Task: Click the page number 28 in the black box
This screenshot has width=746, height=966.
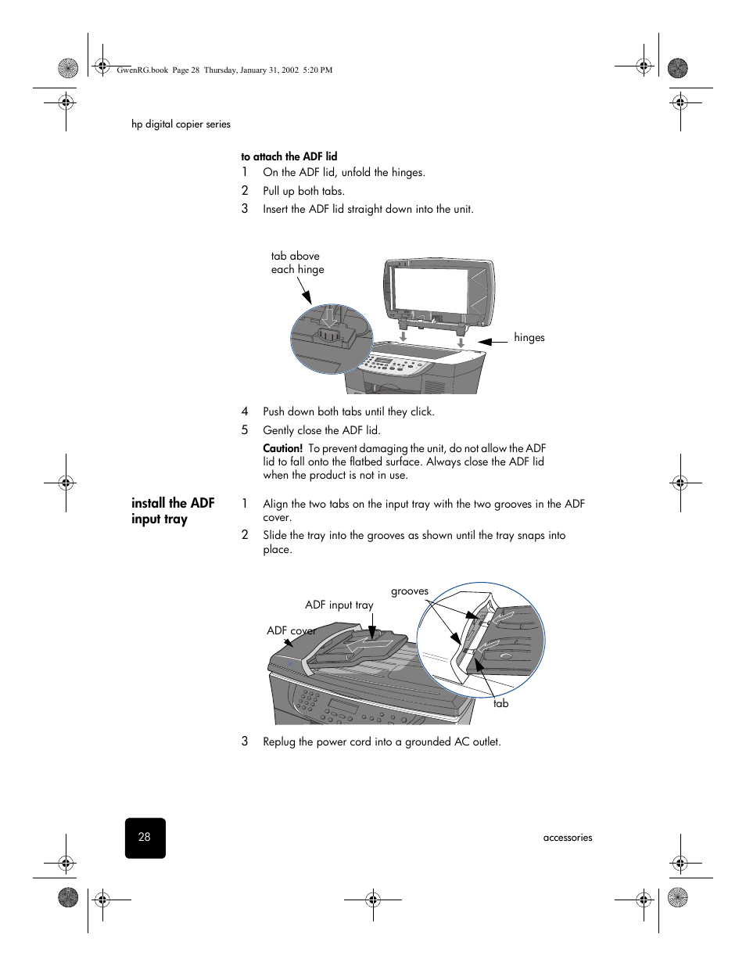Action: tap(145, 837)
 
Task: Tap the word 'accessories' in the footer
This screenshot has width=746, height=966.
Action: tap(568, 838)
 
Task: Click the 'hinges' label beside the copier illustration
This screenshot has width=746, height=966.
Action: tap(529, 338)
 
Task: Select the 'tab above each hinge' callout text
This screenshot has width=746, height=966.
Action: tap(297, 263)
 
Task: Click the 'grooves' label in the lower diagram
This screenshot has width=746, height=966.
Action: tap(410, 591)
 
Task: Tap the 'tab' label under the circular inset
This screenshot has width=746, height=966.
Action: tap(501, 704)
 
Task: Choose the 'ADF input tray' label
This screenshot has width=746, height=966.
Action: tap(339, 605)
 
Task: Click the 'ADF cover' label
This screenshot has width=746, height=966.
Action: tap(291, 630)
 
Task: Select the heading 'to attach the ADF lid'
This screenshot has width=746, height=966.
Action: tap(289, 156)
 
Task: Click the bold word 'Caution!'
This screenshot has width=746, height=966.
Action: tap(282, 448)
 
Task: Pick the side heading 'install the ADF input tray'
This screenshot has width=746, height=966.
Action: tap(173, 511)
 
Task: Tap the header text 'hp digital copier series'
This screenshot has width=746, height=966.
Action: tap(181, 124)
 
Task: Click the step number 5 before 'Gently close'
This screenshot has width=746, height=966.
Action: tap(245, 430)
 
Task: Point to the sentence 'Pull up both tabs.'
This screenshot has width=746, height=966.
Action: tap(303, 191)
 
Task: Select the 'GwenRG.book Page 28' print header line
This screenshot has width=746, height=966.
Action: tap(224, 70)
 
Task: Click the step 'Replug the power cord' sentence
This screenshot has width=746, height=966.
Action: tap(382, 742)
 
